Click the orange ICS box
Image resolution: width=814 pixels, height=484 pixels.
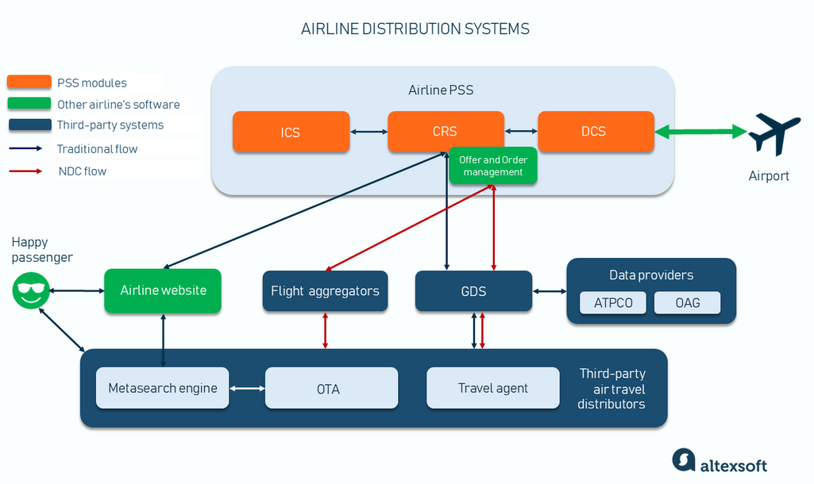pyautogui.click(x=291, y=132)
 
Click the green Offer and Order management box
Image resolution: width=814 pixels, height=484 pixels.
pyautogui.click(x=493, y=166)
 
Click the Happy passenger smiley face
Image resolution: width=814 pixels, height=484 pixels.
pyautogui.click(x=31, y=291)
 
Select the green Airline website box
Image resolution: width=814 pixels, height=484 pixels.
pyautogui.click(x=163, y=290)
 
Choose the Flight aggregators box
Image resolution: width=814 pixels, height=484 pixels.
pyautogui.click(x=325, y=291)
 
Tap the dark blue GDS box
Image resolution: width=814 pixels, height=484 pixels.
pyautogui.click(x=473, y=291)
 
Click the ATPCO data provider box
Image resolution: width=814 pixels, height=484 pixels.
pyautogui.click(x=613, y=303)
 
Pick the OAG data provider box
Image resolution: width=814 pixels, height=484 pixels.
pyautogui.click(x=687, y=303)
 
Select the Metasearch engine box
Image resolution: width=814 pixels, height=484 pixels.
pyautogui.click(x=163, y=388)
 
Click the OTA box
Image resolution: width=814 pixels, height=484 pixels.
pyautogui.click(x=330, y=388)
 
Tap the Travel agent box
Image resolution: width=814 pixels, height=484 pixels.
pyautogui.click(x=493, y=388)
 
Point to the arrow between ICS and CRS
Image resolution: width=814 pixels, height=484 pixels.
pyautogui.click(x=368, y=132)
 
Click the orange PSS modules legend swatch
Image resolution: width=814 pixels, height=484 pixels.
pyautogui.click(x=29, y=83)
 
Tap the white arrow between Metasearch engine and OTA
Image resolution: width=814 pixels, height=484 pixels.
pyautogui.click(x=247, y=388)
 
